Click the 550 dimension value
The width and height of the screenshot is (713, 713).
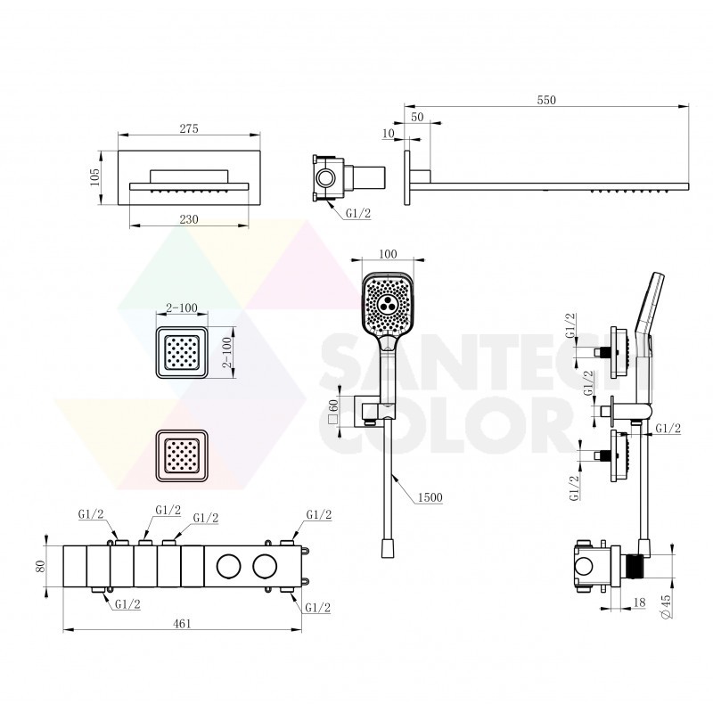546,100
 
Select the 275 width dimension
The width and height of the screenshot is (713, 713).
189,128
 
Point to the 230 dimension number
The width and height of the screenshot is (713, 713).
189,219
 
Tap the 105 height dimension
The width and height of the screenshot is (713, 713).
94,177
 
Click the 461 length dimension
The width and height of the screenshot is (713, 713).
182,623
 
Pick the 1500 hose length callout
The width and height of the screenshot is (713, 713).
430,497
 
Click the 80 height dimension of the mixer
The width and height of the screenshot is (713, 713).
40,566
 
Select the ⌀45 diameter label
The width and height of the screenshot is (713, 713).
666,607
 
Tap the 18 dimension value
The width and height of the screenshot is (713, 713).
639,602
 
